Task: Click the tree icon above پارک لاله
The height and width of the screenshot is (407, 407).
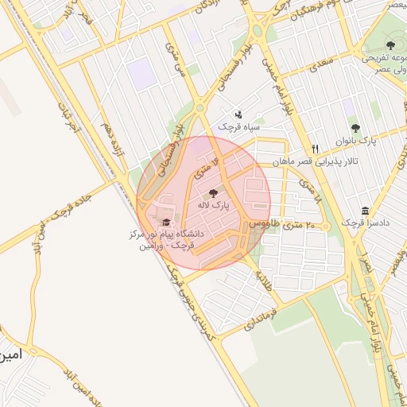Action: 212,192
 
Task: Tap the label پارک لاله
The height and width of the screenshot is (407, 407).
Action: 215,205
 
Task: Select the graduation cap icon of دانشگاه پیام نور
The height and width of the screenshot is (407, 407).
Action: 166,223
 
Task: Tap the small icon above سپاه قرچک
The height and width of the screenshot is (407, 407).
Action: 238,114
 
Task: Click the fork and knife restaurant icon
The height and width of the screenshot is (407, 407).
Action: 316,149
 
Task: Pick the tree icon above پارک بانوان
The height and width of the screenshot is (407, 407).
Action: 355,128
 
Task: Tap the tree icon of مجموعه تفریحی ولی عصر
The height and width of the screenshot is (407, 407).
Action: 390,46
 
